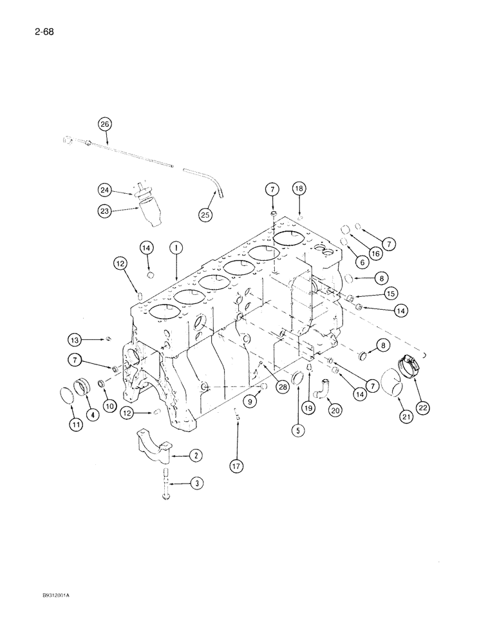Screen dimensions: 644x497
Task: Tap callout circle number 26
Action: pos(105,124)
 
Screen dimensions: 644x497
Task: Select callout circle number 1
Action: pos(174,247)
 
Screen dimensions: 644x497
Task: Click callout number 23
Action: pos(105,209)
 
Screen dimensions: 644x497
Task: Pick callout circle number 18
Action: pos(299,189)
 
